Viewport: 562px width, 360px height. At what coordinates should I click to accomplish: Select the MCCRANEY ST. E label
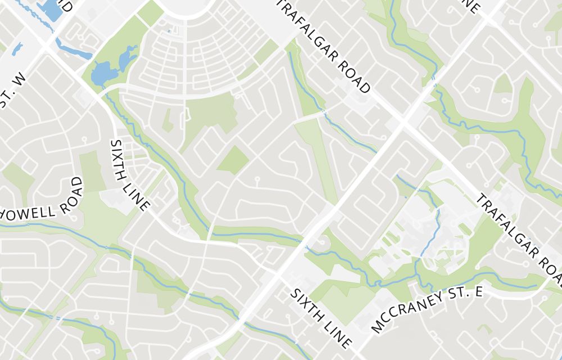click(427, 310)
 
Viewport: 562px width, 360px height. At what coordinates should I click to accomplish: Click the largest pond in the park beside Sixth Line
click(102, 73)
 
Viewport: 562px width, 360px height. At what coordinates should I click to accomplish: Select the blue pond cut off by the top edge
click(51, 9)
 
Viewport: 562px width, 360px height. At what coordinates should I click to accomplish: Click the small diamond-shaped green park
click(233, 159)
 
